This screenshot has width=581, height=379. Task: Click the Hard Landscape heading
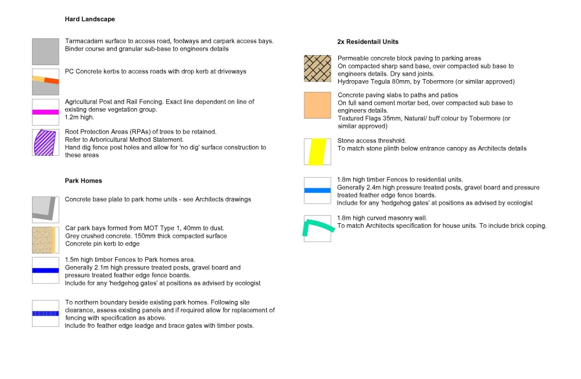pos(89,19)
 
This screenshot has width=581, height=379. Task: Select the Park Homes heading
pos(83,181)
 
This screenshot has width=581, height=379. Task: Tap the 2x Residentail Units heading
pos(368,42)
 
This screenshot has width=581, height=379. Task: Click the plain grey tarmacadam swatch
pos(45,52)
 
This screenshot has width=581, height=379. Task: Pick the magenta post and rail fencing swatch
pos(45,112)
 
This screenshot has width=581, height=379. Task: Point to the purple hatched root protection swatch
pos(45,142)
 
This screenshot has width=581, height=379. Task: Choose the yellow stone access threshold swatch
pos(317,151)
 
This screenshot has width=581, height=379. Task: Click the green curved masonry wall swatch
pos(317,228)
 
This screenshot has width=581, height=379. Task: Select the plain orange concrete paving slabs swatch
pos(317,105)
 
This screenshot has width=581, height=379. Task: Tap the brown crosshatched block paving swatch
pos(317,69)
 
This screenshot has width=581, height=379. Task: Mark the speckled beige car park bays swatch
pos(45,239)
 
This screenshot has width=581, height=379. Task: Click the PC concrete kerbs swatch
pos(45,82)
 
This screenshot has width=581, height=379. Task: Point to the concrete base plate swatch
pos(45,209)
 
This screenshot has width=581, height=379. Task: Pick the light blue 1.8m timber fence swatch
pos(317,190)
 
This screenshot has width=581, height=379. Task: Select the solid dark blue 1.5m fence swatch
pos(45,270)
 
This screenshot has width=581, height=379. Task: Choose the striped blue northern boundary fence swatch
pos(45,313)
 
